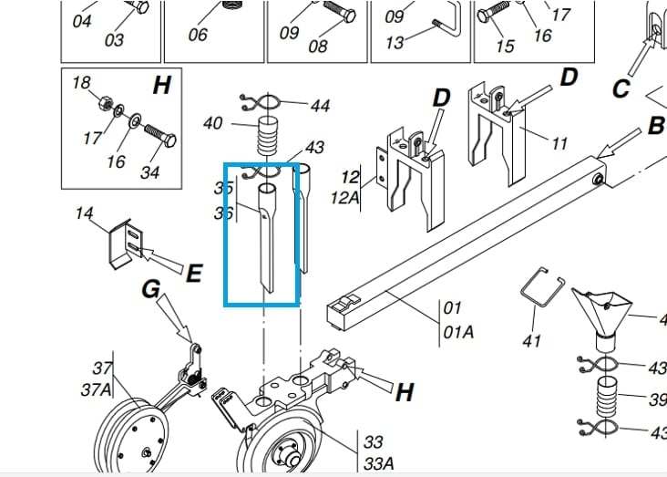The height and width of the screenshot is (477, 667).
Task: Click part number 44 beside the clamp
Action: (x=321, y=105)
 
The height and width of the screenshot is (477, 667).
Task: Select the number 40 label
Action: (x=212, y=123)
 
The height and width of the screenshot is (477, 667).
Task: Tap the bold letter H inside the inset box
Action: (x=162, y=85)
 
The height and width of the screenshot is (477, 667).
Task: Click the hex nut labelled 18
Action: (x=105, y=103)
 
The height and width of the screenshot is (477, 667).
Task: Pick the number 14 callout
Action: (x=84, y=213)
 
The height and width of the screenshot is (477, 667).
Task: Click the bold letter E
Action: (x=194, y=273)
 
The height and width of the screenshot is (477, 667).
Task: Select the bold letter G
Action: (x=151, y=289)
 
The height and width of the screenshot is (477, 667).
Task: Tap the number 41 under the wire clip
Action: (x=531, y=341)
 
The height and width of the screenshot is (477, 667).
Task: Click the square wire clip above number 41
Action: (x=542, y=286)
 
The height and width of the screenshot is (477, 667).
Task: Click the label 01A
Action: (x=458, y=332)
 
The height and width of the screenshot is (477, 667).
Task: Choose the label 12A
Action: (x=344, y=198)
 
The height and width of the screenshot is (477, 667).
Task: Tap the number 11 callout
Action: (x=559, y=144)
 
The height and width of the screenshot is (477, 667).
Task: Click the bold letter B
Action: (x=656, y=126)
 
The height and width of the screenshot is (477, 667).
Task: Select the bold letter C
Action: (x=621, y=89)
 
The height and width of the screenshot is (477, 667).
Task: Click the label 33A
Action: (x=378, y=463)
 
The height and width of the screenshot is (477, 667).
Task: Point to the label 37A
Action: (x=97, y=389)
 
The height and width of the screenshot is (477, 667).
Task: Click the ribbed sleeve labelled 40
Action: (x=268, y=136)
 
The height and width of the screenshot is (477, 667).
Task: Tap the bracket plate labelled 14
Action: (x=126, y=245)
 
